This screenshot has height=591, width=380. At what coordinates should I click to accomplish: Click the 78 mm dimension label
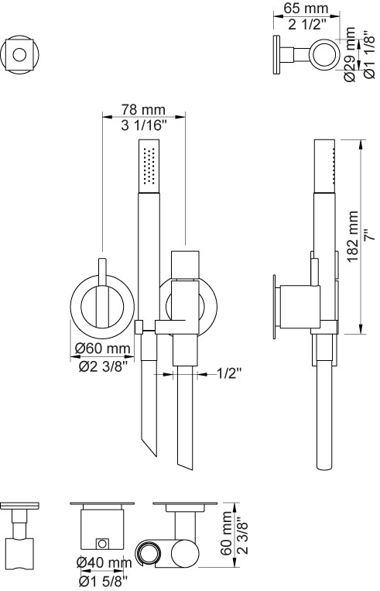143,109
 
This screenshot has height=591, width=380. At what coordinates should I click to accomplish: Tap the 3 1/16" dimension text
143,125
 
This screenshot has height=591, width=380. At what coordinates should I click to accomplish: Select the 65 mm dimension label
306,8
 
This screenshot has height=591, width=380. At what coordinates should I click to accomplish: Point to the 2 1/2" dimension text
307,24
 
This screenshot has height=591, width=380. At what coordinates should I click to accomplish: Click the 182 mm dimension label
352,236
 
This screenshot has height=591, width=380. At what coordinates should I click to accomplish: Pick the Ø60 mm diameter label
102,348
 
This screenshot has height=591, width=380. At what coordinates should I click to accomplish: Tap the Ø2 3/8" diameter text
101,366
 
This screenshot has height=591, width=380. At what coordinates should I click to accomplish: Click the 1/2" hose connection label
228,373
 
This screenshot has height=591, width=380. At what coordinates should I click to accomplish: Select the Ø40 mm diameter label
104,563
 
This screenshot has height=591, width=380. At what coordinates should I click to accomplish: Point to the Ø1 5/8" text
103,582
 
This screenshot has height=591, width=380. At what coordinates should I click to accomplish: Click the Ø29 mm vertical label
350,54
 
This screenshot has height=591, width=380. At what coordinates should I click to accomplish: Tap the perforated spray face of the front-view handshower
149,167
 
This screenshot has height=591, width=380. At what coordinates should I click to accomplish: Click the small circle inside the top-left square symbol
19,54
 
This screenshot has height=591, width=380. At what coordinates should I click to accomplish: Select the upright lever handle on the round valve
102,290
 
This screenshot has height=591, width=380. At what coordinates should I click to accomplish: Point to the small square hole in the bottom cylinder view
102,543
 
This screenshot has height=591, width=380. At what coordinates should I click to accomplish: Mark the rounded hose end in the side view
324,466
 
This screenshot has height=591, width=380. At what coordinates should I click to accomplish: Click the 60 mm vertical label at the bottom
226,533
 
